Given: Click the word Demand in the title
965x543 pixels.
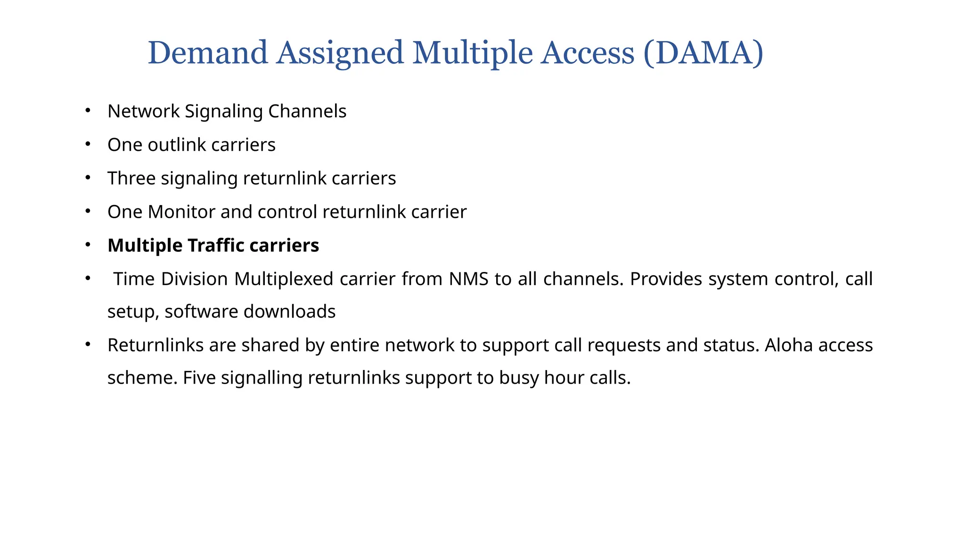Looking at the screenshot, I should [207, 53].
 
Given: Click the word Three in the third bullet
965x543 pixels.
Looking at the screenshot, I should [131, 178].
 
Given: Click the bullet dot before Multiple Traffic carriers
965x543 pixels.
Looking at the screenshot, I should [87, 245].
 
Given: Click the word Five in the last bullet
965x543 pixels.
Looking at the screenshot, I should [199, 378].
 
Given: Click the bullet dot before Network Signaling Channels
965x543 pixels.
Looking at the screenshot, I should [87, 110].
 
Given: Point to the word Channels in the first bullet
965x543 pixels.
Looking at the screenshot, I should [307, 111].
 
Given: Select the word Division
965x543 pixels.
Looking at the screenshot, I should [194, 279].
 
